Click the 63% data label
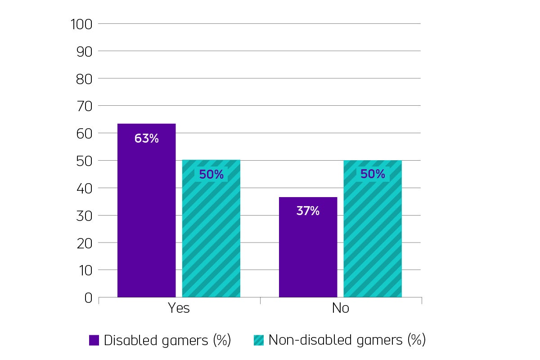tap(147, 139)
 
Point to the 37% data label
tap(308, 211)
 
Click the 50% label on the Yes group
tap(211, 175)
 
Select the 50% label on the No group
tap(373, 174)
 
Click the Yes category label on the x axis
tap(179, 309)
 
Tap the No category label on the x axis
tap(340, 309)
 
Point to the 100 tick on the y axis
tap(81, 24)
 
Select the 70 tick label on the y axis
tap(84, 106)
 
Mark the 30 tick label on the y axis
tap(84, 216)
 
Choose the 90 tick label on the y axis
tap(84, 52)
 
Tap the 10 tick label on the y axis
tap(84, 270)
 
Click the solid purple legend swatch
tap(94, 340)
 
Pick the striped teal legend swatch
tap(259, 340)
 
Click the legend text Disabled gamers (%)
tap(167, 340)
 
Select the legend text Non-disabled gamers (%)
tap(346, 340)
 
